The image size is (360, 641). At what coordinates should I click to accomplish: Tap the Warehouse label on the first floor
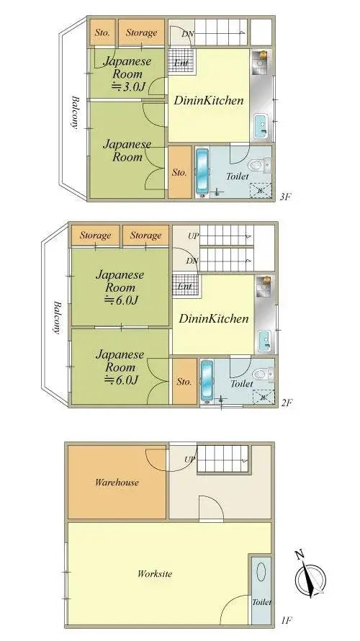click(x=117, y=483)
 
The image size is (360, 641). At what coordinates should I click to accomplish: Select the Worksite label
click(x=155, y=573)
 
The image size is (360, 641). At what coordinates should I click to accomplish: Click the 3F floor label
click(x=286, y=197)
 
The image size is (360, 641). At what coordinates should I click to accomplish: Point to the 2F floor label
click(x=287, y=403)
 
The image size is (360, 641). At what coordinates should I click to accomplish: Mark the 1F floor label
click(x=287, y=620)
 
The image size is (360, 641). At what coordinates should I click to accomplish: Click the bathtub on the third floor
click(x=202, y=171)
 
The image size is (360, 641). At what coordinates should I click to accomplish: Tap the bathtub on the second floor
click(x=207, y=380)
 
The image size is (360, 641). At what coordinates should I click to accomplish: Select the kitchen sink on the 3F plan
click(x=261, y=127)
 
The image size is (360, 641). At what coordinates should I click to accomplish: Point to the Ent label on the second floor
click(x=185, y=286)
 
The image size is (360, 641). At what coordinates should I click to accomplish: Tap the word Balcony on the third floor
click(x=75, y=112)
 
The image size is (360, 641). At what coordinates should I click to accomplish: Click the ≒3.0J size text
click(x=127, y=86)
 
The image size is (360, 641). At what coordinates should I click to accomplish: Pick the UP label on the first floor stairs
click(x=189, y=459)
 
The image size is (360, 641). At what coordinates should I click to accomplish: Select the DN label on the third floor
click(x=187, y=34)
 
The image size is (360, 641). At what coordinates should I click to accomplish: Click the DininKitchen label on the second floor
click(x=214, y=318)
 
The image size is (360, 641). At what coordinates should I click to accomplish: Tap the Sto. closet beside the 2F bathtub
click(x=184, y=382)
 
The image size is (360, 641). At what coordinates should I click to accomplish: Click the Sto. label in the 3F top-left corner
click(x=102, y=32)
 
